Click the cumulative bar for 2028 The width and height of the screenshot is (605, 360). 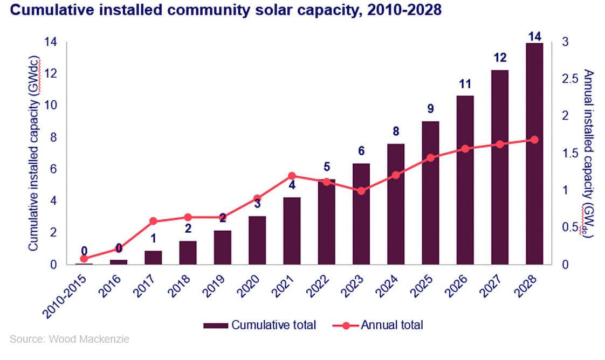pos(534,154)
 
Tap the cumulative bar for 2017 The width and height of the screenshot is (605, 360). pos(153,258)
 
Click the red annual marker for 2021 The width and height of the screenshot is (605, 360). pos(292,176)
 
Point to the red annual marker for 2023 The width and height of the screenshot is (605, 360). pos(361,191)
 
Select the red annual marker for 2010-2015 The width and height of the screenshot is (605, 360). pos(84,259)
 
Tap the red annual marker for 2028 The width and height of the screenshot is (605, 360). pos(534,140)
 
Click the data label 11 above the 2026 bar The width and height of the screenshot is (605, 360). pos(464,84)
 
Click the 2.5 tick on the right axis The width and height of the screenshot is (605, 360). pos(569,79)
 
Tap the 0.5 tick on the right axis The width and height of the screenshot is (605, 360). pos(569,227)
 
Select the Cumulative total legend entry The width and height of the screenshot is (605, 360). pos(259,325)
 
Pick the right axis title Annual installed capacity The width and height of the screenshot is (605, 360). pos(588,154)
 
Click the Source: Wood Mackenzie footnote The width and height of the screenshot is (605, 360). pos(70,340)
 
